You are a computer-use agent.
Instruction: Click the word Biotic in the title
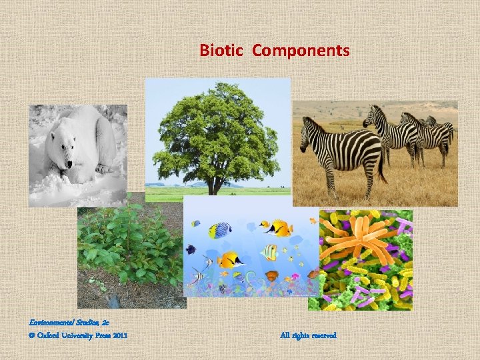pos(224,51)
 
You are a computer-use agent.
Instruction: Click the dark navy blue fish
pos(191,249)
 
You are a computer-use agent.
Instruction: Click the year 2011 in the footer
pos(118,335)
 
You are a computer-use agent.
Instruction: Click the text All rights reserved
pos(309,335)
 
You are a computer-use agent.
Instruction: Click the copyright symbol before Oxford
pos(31,335)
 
